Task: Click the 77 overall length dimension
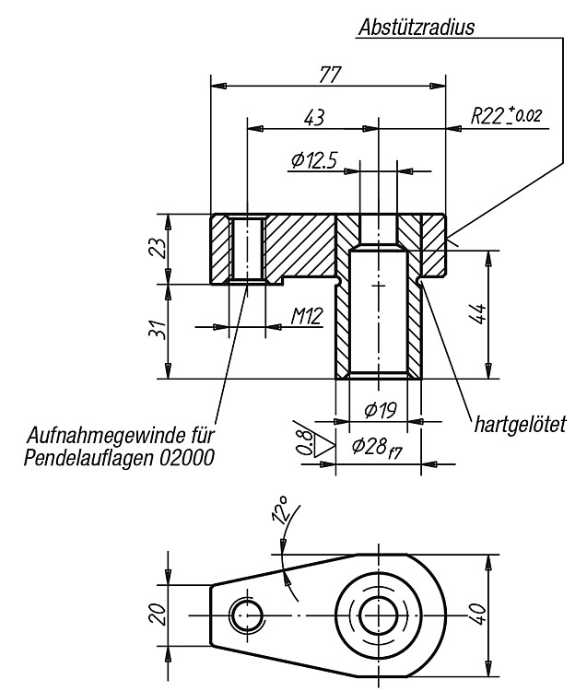click(x=330, y=75)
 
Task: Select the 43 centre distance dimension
click(x=314, y=118)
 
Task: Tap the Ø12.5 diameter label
click(x=313, y=160)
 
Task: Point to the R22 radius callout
click(x=506, y=115)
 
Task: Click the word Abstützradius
click(x=417, y=28)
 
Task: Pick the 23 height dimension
click(x=158, y=248)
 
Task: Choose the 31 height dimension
click(x=158, y=329)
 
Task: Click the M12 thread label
click(x=307, y=315)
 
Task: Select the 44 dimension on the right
click(x=479, y=313)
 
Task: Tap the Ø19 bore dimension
click(x=381, y=410)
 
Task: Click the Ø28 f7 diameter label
click(x=377, y=448)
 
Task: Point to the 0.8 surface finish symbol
click(x=315, y=443)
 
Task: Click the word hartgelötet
click(x=520, y=425)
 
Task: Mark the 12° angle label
click(x=280, y=510)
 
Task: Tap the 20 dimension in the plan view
click(x=158, y=615)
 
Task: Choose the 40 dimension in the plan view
click(x=479, y=614)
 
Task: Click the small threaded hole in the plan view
click(x=247, y=615)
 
